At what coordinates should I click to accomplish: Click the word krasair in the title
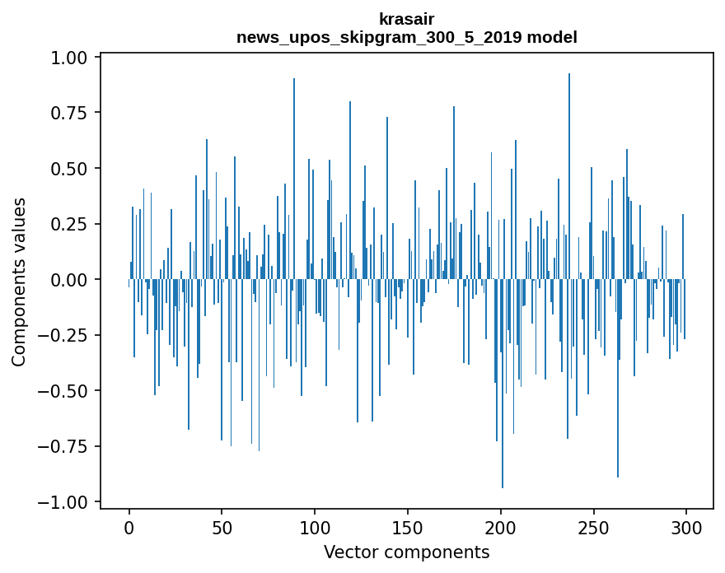tap(406, 19)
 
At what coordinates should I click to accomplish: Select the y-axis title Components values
tap(19, 281)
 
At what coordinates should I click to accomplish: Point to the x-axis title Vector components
tap(406, 552)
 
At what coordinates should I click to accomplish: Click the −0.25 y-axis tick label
tap(66, 336)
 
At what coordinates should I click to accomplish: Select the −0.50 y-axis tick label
tap(66, 391)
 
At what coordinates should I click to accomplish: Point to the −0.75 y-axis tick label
tap(66, 447)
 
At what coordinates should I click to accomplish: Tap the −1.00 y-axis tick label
tap(66, 502)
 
